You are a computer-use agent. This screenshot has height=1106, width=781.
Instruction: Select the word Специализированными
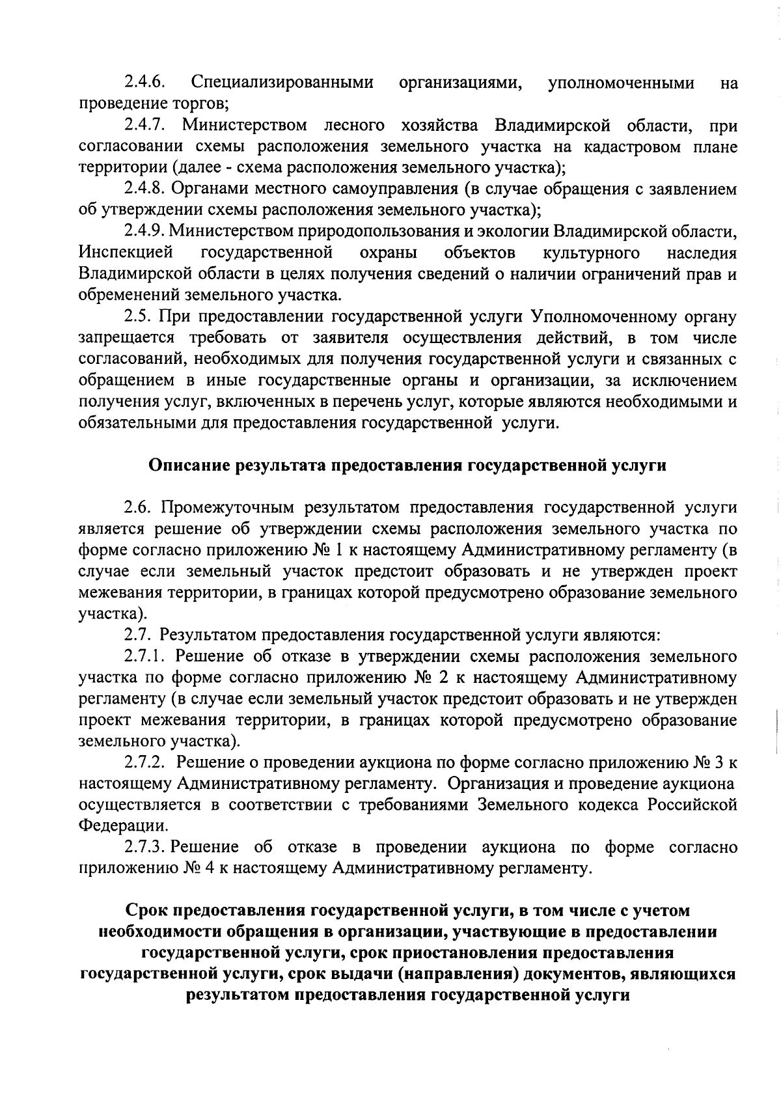[282, 83]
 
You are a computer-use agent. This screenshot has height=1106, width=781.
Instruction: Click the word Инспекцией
[126, 253]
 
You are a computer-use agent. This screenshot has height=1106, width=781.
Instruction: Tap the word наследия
[702, 253]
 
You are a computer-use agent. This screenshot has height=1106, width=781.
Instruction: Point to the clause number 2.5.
[138, 317]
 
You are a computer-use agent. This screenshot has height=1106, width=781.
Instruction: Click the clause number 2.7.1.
[147, 656]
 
